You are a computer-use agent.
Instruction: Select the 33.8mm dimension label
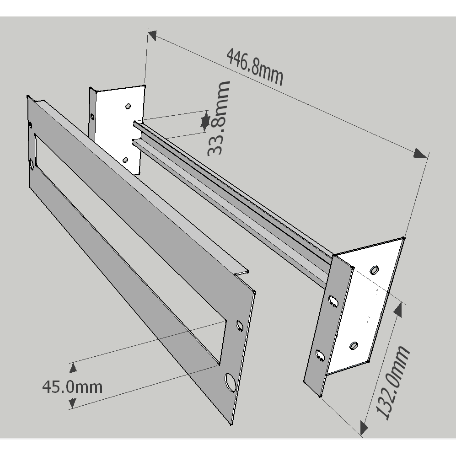[x=218, y=118]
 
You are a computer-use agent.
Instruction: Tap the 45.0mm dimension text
[x=72, y=387]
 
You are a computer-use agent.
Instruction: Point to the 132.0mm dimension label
[x=392, y=382]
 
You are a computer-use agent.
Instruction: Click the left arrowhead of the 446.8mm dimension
[x=152, y=35]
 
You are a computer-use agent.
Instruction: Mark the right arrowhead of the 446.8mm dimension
[x=421, y=153]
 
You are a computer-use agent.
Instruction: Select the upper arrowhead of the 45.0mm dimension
[x=72, y=367]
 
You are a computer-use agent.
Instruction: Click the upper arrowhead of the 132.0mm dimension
[x=398, y=309]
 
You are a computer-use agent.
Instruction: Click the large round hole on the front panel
[x=230, y=381]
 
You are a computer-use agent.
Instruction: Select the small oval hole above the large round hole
[x=239, y=325]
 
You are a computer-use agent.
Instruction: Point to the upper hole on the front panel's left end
[x=31, y=125]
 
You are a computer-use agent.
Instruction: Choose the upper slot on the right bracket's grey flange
[x=333, y=300]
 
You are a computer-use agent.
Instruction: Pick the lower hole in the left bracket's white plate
[x=125, y=160]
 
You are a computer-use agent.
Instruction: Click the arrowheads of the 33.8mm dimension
[x=206, y=120]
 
